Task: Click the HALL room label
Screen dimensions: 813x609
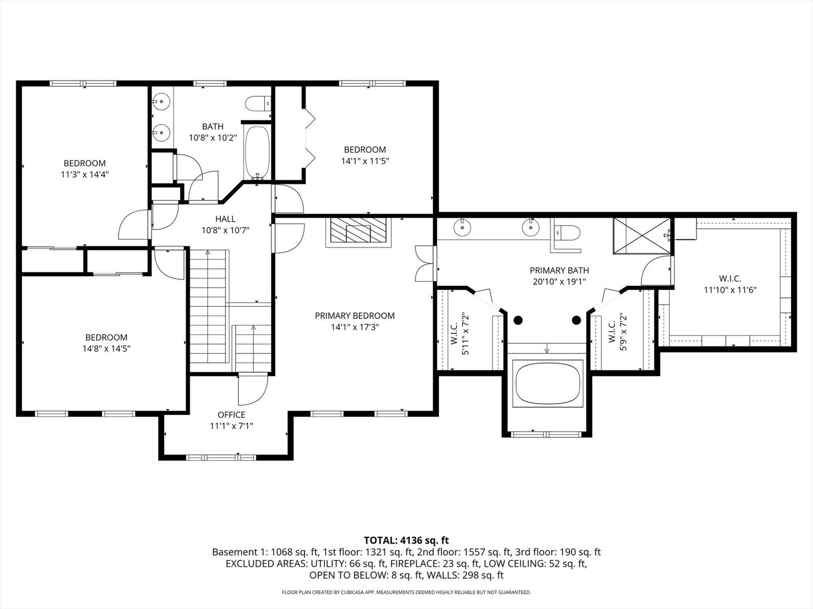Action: coord(225,219)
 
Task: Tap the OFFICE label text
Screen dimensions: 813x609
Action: coord(231,414)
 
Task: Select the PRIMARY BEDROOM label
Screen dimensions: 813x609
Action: coord(355,316)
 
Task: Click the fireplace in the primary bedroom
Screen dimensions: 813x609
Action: coord(359,232)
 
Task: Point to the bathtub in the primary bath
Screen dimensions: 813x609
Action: coord(548,383)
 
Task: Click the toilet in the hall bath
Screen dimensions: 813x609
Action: coord(258,104)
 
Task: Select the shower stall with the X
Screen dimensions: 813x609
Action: coord(642,236)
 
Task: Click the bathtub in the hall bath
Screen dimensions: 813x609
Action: coord(257,153)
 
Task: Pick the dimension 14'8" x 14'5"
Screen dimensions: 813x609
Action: coord(106,348)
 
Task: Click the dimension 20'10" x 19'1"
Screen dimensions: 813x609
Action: coord(560,282)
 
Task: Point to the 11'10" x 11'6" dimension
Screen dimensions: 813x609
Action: coord(730,290)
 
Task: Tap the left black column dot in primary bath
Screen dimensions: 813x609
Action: coord(518,320)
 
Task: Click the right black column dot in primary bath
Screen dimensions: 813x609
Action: coord(576,320)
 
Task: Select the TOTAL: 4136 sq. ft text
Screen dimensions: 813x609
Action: coord(406,540)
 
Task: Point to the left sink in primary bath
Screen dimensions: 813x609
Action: coord(463,227)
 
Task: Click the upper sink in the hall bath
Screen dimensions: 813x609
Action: coord(161,100)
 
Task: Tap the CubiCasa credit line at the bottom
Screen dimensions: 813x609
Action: coord(406,592)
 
